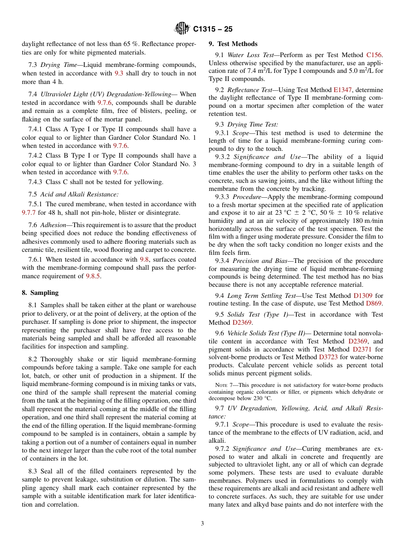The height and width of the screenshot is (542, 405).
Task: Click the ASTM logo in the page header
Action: pos(182,29)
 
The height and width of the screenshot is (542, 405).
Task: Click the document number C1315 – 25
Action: pos(212,29)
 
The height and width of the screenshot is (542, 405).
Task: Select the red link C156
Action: pos(374,55)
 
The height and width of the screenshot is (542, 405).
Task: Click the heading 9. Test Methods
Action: pos(233,44)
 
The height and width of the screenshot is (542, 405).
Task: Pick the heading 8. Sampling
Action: pos(40,293)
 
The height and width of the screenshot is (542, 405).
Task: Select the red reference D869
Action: pos(374,303)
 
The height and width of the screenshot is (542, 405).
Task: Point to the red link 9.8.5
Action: pos(93,276)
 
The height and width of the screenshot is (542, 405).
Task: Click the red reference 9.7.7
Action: pos(29,213)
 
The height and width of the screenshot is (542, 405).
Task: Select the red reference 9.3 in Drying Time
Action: pos(119,73)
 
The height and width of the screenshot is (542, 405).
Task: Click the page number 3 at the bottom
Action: pos(202,524)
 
